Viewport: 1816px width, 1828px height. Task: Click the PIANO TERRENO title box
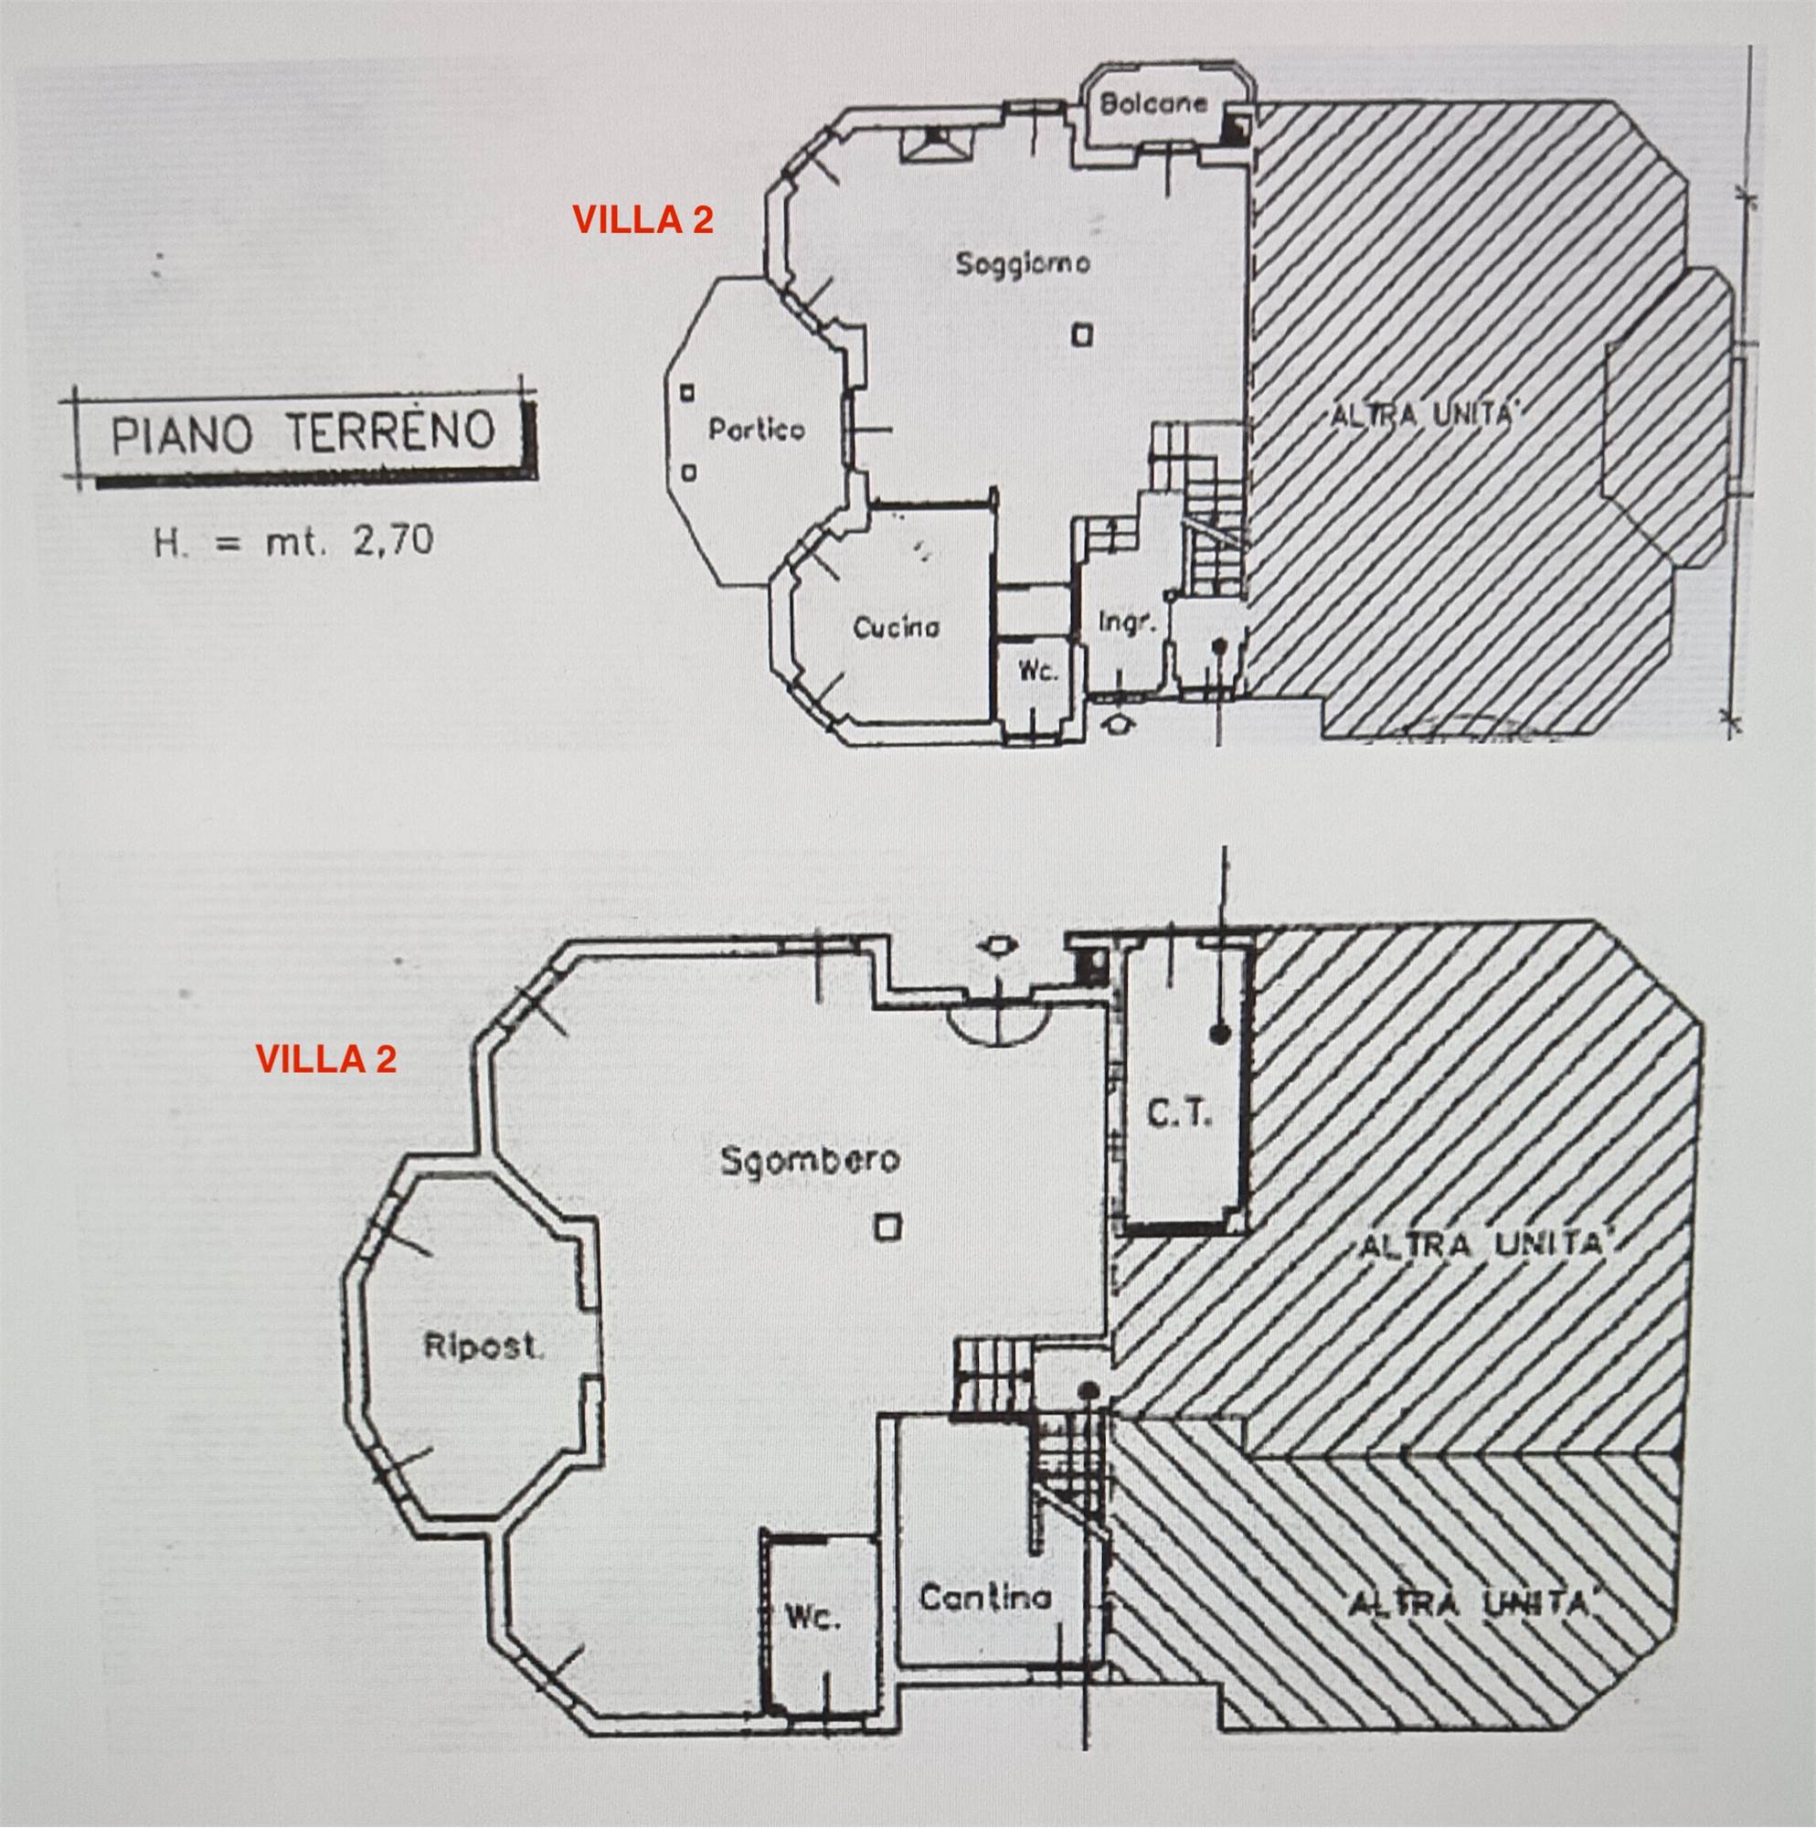302,436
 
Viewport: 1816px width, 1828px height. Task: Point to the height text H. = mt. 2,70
293,541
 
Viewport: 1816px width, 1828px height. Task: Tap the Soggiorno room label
1022,263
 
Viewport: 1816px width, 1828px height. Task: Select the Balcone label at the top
1153,104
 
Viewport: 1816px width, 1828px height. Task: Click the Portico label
757,430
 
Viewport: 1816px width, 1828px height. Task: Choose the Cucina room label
897,626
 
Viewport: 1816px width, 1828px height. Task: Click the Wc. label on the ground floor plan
1037,671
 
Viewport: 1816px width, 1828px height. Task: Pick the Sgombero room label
809,1159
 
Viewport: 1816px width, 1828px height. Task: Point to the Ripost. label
483,1346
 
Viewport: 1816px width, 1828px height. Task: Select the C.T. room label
1179,1114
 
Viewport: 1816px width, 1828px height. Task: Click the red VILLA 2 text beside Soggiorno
643,220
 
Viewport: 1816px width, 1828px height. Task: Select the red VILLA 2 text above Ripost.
325,1058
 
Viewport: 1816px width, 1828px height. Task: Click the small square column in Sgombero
887,1228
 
